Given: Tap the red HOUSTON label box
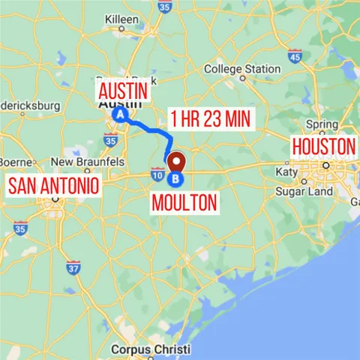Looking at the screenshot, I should [322, 145].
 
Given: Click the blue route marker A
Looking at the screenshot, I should [119, 115].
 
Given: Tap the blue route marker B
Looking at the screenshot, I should [175, 179].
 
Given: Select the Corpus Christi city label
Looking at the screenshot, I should [150, 349].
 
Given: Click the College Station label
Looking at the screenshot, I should [242, 69].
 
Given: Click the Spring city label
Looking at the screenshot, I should [322, 124].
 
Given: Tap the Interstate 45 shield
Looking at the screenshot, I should [295, 55].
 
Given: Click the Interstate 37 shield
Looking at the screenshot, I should [73, 266].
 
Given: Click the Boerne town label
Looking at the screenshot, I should [15, 161].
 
